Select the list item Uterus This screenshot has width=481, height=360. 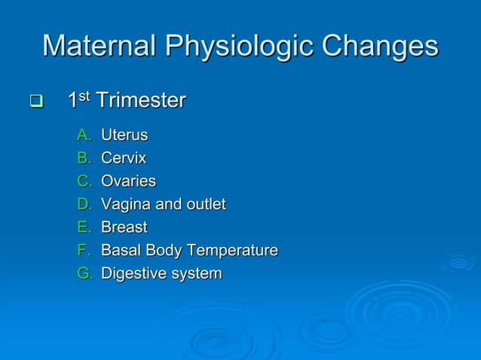(x=124, y=136)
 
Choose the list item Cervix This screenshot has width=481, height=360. (x=124, y=158)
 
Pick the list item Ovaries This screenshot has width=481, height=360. (x=128, y=182)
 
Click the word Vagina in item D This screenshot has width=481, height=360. (x=125, y=204)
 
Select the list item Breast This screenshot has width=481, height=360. (x=124, y=227)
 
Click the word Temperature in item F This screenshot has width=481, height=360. (x=234, y=250)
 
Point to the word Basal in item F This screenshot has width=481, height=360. (x=120, y=250)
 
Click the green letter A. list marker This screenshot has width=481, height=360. (x=84, y=136)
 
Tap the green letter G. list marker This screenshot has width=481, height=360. (x=84, y=273)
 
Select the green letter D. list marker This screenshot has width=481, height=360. (x=84, y=204)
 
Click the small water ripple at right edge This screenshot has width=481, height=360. (x=458, y=262)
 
